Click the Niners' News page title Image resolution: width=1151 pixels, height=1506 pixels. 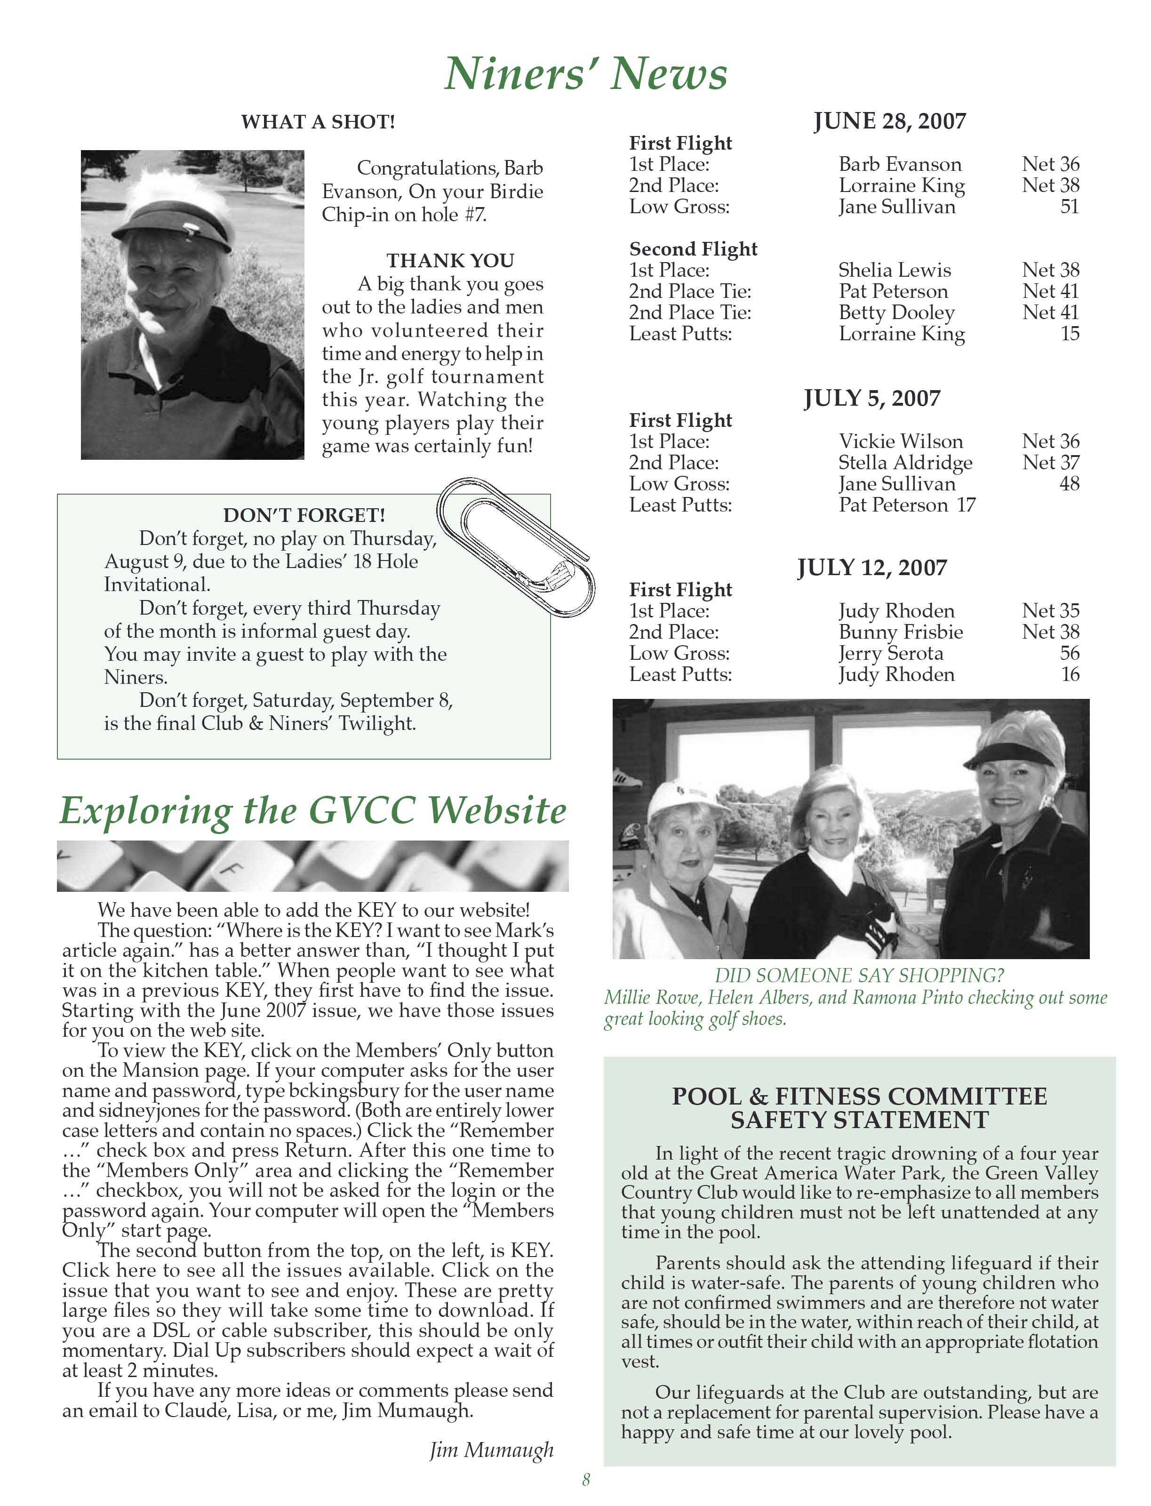pyautogui.click(x=586, y=73)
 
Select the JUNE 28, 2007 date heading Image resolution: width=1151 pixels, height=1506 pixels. pyautogui.click(x=889, y=121)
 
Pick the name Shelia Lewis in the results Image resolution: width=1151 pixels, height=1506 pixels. pyautogui.click(x=894, y=270)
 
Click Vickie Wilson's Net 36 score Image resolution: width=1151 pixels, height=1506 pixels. pyautogui.click(x=1050, y=441)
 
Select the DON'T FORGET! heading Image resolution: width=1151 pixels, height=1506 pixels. pyautogui.click(x=304, y=515)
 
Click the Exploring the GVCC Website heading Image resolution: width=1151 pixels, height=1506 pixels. pyautogui.click(x=313, y=810)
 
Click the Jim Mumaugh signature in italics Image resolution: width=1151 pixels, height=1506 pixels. pyautogui.click(x=491, y=1450)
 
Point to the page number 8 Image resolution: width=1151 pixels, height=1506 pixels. pyautogui.click(x=586, y=1480)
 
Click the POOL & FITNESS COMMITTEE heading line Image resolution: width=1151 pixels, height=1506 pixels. pyautogui.click(x=859, y=1096)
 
